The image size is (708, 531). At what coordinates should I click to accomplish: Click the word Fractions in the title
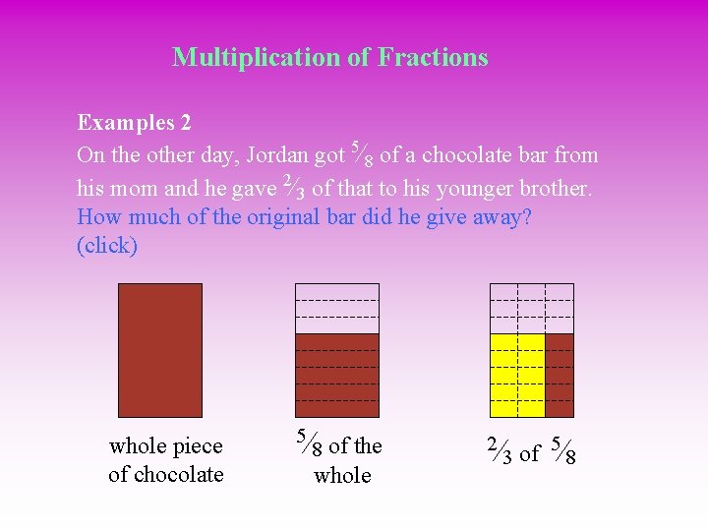tap(433, 57)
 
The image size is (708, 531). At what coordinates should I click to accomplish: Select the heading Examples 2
tap(134, 124)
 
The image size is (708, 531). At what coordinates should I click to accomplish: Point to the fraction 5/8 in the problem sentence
tap(361, 153)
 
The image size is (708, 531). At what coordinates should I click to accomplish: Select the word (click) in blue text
tap(107, 246)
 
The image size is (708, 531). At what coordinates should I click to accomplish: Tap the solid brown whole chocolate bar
tap(159, 350)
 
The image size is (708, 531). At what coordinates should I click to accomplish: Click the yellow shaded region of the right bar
tap(517, 375)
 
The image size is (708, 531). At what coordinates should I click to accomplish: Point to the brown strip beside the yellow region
tap(560, 375)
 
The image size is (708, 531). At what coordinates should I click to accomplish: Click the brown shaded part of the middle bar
tap(336, 375)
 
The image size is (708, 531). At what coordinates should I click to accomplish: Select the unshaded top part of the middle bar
tap(336, 308)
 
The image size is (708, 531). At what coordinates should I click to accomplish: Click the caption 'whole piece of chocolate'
tap(166, 460)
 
